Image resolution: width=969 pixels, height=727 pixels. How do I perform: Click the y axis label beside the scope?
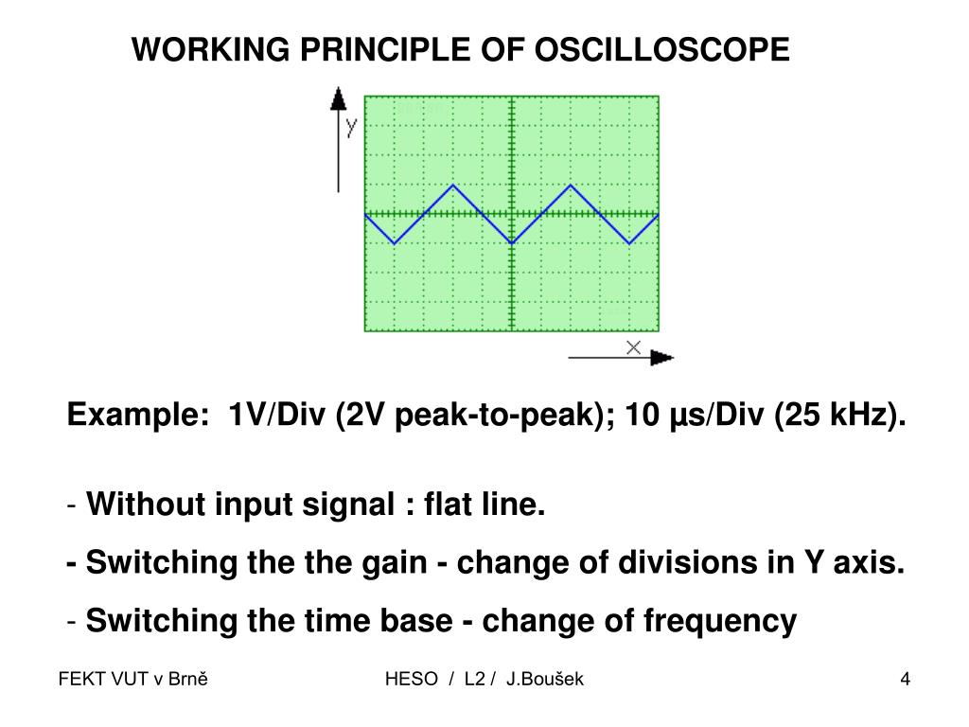pos(351,126)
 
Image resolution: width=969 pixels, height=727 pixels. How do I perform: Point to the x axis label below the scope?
pos(633,347)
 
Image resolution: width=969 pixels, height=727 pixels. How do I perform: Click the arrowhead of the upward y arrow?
pos(337,98)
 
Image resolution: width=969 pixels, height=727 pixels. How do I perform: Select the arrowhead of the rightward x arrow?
pos(663,358)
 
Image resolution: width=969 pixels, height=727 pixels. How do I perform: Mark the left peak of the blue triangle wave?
pos(453,186)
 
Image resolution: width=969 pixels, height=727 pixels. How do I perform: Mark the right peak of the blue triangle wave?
pos(571,186)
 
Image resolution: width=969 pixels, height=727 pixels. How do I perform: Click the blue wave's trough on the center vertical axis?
pos(512,243)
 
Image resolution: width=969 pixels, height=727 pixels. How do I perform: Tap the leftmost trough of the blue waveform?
pos(395,243)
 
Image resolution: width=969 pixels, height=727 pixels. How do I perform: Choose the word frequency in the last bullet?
pos(720,621)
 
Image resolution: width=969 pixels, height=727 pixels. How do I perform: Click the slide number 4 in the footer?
pos(906,679)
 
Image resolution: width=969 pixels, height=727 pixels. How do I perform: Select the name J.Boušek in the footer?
pos(545,679)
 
